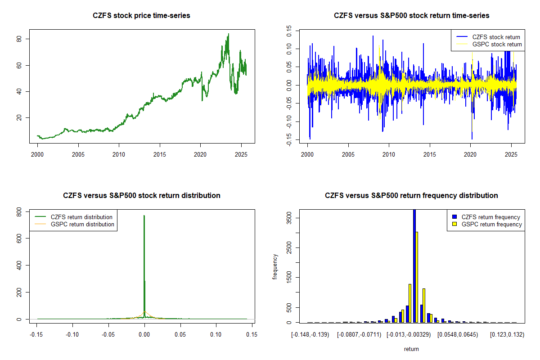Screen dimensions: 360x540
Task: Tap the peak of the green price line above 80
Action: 229,34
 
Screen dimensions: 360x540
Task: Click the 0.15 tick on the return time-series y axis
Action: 289,30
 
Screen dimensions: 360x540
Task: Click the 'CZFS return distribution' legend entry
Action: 81,217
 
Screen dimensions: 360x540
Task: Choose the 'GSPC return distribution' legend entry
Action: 82,224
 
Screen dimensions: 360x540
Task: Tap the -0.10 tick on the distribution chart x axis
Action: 72,334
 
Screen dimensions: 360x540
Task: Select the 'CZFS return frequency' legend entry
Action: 490,217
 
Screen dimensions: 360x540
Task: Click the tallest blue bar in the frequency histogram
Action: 414,265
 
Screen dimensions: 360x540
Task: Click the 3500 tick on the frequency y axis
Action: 289,217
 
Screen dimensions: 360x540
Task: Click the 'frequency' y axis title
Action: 275,267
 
